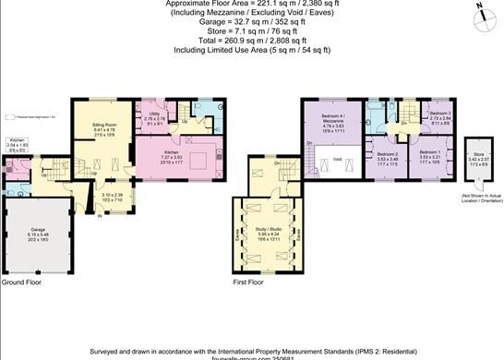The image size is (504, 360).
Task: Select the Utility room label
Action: point(153,114)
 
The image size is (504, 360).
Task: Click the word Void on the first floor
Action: point(337,160)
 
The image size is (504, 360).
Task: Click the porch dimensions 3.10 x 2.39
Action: point(111,196)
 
